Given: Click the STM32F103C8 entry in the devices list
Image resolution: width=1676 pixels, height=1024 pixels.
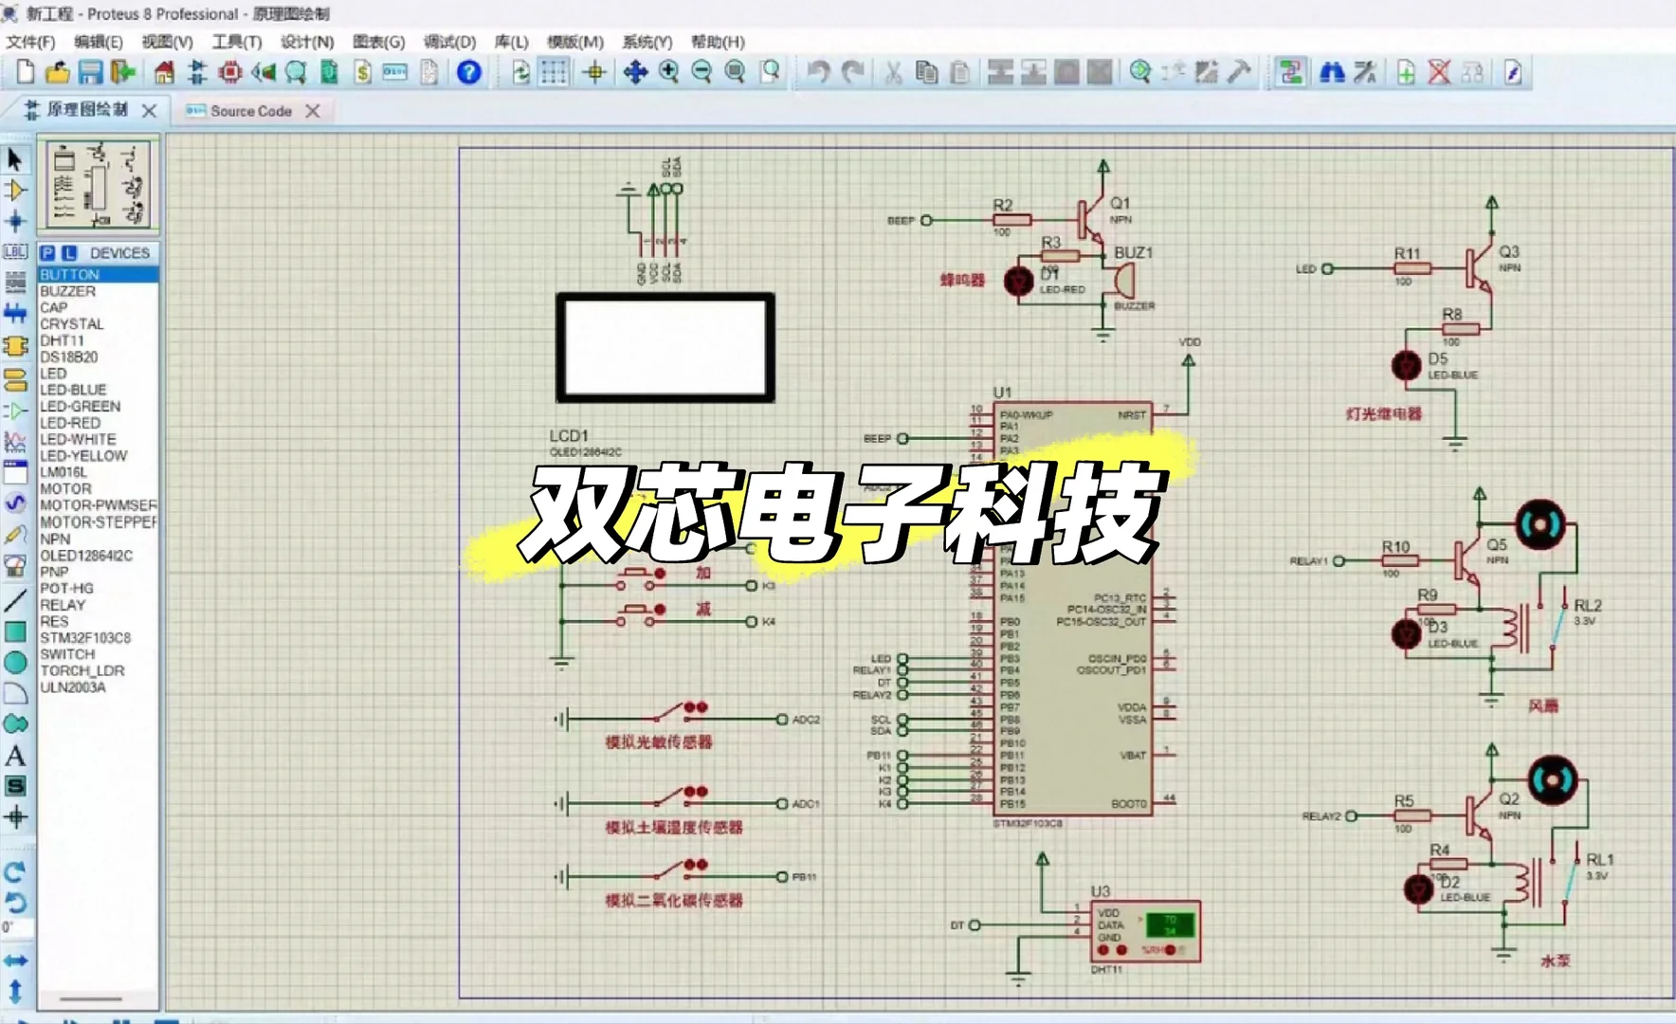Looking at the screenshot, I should coord(85,638).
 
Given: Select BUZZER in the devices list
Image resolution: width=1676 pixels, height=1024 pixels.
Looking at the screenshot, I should coord(67,291).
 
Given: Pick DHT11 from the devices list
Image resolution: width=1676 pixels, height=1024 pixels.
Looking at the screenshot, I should coord(62,340).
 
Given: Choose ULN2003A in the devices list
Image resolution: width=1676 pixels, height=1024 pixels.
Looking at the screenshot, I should coord(73,687).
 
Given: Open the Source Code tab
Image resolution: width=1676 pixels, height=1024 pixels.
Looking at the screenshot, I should coord(250,111).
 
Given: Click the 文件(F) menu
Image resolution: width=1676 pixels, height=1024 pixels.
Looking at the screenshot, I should coord(30,42).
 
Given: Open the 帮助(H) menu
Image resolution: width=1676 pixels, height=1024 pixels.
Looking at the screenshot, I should coord(718,42).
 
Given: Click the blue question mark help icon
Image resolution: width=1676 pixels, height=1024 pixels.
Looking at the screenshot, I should coord(468,72).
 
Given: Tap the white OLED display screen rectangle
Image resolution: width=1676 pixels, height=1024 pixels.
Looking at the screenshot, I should coord(665,347).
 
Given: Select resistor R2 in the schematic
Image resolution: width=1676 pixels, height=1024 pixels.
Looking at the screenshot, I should coord(1011,220).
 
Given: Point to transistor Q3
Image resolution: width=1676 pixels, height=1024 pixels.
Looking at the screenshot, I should coord(1480,267).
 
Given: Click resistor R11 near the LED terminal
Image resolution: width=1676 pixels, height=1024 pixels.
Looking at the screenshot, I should coord(1411,269).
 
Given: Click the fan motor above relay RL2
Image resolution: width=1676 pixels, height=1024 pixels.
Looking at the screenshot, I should coord(1539,524).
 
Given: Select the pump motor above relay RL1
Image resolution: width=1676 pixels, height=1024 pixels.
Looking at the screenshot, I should coord(1552,780).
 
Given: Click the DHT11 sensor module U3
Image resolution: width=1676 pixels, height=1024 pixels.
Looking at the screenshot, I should coord(1145,930).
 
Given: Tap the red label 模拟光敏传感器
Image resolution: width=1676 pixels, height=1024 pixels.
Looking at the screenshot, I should coord(659,742).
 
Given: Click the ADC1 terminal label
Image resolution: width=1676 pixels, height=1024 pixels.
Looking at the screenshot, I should coord(805,804).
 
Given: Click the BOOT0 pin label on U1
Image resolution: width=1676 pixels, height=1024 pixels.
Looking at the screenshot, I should coord(1128,804).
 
